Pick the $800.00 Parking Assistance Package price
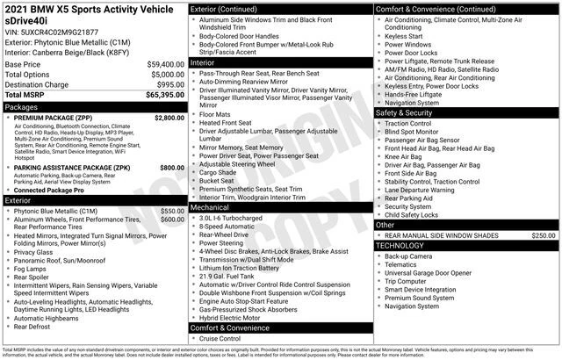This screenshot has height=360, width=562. tap(172, 167)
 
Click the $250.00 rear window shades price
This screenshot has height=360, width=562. tap(543, 235)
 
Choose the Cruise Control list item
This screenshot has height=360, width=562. tap(220, 338)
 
